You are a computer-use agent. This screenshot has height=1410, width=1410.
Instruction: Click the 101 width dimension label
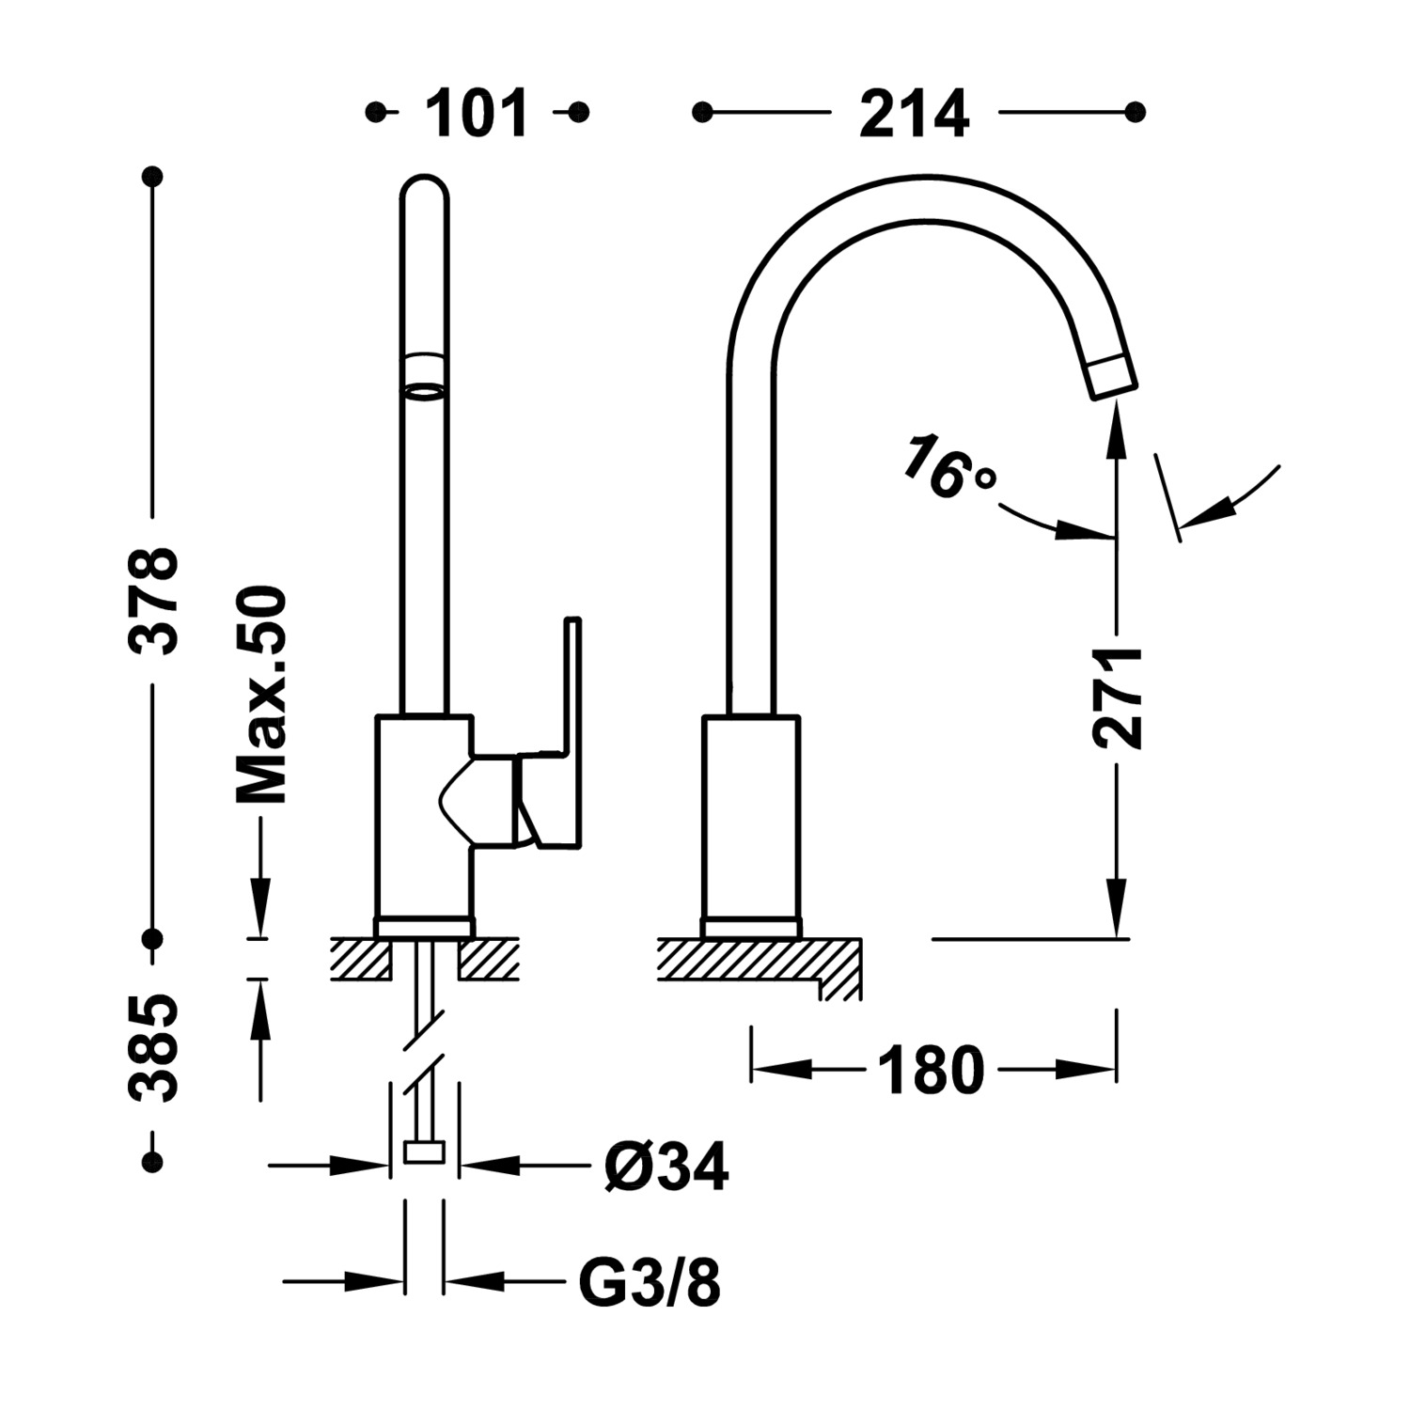477,114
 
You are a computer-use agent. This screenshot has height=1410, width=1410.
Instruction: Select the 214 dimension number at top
914,114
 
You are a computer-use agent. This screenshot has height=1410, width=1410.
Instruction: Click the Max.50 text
260,696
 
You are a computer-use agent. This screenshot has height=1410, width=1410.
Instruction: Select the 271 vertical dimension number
1118,697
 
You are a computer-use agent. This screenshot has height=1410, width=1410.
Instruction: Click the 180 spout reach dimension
931,1070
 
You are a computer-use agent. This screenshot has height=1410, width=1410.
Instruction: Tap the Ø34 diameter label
666,1167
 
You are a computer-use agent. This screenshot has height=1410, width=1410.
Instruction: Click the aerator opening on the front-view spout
424,390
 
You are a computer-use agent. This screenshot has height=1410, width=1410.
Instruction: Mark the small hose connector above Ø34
424,1151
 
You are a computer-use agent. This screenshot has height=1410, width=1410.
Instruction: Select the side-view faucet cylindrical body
751,818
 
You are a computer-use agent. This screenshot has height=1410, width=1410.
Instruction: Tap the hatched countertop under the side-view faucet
743,960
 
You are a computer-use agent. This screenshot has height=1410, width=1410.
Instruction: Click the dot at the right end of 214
1136,112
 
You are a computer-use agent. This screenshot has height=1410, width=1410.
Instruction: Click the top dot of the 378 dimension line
152,177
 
